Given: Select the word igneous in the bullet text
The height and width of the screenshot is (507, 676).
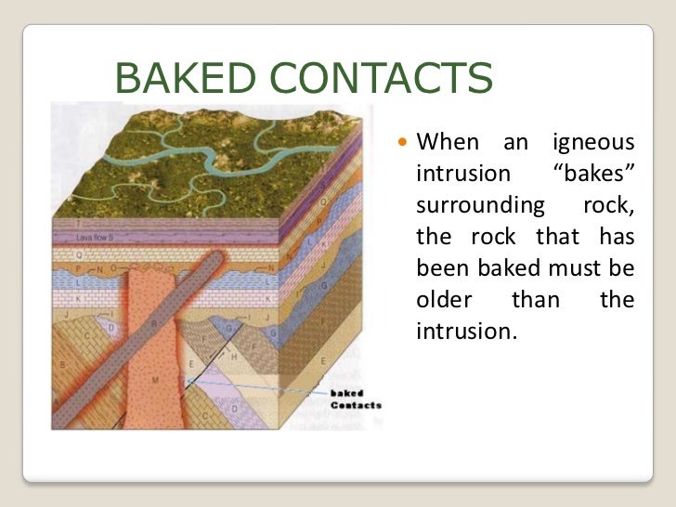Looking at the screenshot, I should (x=593, y=144).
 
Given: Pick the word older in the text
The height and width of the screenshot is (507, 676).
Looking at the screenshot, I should (x=443, y=300).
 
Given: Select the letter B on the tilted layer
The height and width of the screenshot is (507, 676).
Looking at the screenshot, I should (x=63, y=365).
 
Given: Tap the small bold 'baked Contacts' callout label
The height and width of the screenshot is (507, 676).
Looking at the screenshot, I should (x=355, y=399).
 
